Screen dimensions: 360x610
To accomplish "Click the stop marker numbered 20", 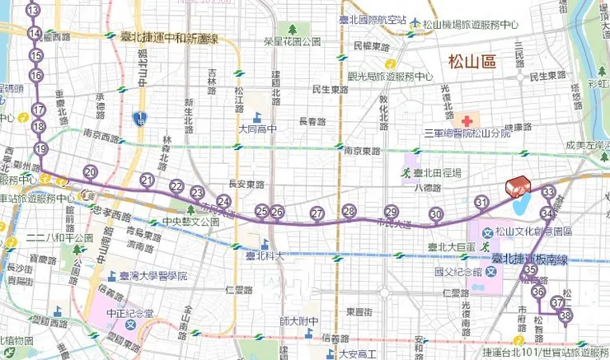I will click(x=91, y=172).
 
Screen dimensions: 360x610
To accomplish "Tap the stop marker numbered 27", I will click(x=317, y=214).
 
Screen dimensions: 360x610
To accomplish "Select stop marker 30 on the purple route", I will click(x=436, y=215).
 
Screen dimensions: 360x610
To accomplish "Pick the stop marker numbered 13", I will click(x=33, y=11).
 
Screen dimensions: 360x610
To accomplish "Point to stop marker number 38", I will click(x=565, y=316).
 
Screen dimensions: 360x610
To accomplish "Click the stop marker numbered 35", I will click(x=531, y=270).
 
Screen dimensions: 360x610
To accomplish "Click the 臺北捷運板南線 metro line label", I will click(x=529, y=259).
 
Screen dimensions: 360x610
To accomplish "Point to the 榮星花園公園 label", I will click(x=292, y=40).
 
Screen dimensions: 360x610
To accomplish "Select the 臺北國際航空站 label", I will click(x=373, y=19).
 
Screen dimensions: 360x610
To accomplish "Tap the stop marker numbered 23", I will click(x=197, y=192).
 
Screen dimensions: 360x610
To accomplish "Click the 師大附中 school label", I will click(x=292, y=320).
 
